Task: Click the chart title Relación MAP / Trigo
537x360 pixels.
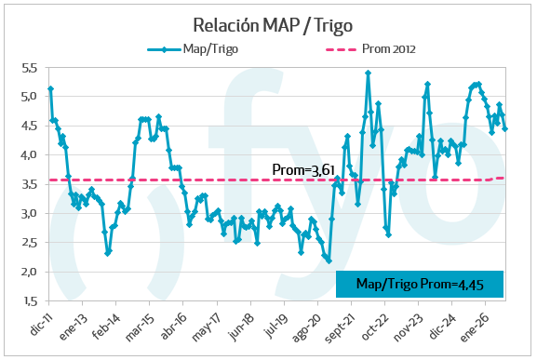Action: [273, 26]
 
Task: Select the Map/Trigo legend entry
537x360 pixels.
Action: [193, 49]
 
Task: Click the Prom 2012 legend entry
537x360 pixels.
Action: [371, 49]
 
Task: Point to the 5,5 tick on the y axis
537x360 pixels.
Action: [29, 68]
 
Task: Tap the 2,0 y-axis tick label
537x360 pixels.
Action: [29, 272]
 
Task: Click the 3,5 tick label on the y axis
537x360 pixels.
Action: [29, 184]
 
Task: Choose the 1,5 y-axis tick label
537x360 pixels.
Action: [30, 300]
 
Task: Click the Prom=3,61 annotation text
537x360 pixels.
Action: [303, 169]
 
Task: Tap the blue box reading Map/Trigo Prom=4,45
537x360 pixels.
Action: [420, 284]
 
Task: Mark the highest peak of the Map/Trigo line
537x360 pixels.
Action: [369, 73]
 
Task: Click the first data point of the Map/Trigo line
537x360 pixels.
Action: [50, 88]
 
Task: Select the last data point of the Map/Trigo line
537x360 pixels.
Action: [504, 128]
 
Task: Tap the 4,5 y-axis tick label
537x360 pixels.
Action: [29, 127]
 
